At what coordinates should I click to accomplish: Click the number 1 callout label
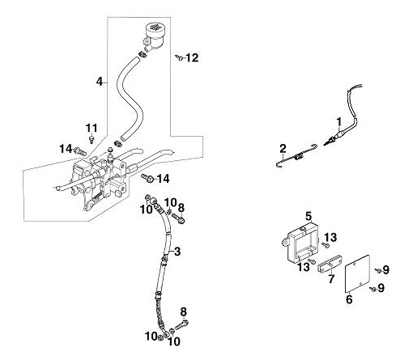338,122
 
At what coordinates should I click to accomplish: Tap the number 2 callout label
283,148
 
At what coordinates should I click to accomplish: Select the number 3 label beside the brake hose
177,252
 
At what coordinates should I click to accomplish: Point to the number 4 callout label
100,82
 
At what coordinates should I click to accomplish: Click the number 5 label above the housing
308,216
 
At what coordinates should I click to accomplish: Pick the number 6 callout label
349,299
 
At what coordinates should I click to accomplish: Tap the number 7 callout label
331,279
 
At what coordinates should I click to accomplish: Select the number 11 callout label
91,128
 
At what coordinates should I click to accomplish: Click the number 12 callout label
192,57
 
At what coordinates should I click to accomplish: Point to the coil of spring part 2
299,156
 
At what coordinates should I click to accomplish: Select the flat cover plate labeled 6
358,273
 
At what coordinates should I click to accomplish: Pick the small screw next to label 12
179,57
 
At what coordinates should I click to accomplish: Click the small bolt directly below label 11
92,139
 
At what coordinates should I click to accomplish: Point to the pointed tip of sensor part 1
325,145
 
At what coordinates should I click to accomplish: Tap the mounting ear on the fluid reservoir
146,42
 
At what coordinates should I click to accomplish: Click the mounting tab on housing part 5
284,241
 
